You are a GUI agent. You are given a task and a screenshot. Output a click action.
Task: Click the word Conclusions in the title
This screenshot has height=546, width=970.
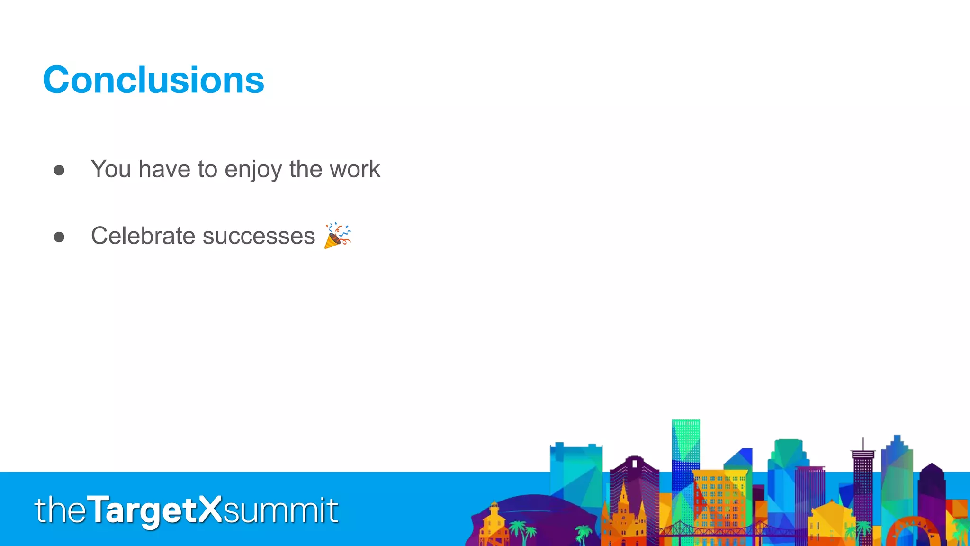(153, 80)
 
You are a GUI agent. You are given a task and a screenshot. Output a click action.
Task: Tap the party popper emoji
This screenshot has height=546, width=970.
(337, 235)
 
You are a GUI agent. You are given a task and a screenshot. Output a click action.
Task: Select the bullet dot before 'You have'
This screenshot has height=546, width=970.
(59, 170)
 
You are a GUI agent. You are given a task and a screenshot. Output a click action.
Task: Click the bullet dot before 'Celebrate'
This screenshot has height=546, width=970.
(59, 237)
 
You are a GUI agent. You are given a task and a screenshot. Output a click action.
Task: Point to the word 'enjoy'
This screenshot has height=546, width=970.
(253, 170)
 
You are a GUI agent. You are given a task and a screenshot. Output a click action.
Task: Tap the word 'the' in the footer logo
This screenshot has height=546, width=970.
(61, 511)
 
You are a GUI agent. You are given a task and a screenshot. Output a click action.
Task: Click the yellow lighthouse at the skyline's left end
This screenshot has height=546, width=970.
(494, 521)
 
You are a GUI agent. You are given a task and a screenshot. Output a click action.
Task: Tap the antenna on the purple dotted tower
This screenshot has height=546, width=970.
(863, 444)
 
